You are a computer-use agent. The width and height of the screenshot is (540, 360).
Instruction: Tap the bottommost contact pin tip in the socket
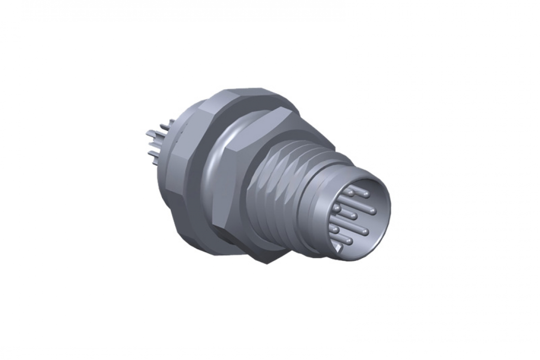(348, 241)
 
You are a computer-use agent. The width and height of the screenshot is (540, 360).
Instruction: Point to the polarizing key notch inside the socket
(341, 248)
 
